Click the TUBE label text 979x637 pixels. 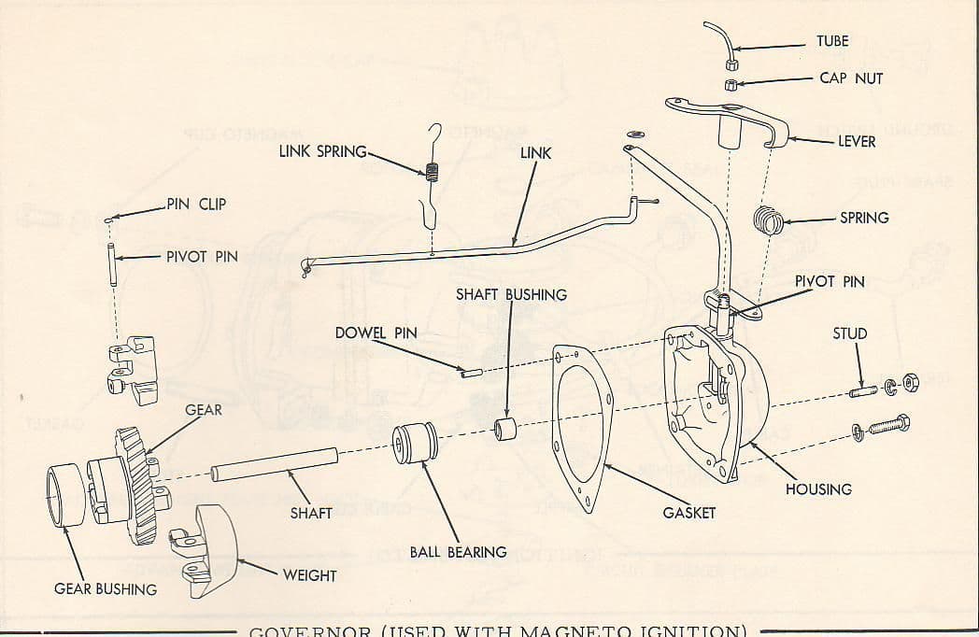click(x=832, y=41)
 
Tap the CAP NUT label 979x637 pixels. click(x=850, y=78)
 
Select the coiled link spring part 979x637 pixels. click(x=432, y=173)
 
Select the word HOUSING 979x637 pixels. click(x=818, y=489)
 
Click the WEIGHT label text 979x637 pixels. click(x=309, y=575)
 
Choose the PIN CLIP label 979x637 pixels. click(x=196, y=204)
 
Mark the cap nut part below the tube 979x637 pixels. click(x=733, y=85)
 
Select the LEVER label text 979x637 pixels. click(x=858, y=142)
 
